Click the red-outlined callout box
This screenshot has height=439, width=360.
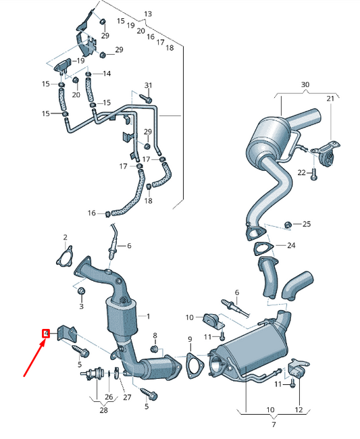click(46, 333)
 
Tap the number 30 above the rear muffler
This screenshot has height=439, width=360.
click(305, 84)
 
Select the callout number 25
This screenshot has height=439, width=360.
click(306, 224)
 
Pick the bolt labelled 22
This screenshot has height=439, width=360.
click(314, 174)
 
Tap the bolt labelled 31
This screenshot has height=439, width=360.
click(144, 98)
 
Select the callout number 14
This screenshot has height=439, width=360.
click(107, 73)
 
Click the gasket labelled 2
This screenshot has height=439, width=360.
click(65, 258)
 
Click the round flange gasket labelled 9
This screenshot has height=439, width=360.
click(195, 363)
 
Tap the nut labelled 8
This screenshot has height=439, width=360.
click(154, 349)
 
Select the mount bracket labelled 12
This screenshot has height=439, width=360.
click(299, 370)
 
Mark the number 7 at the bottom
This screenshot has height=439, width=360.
click(274, 425)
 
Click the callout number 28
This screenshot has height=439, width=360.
click(104, 410)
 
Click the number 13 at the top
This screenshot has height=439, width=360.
click(148, 14)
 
